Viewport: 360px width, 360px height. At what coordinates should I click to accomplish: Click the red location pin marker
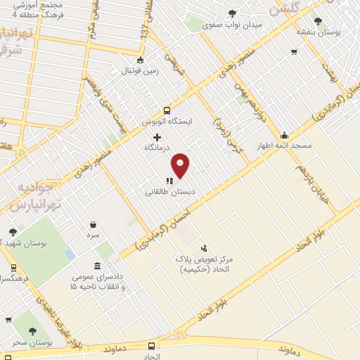click(x=181, y=165)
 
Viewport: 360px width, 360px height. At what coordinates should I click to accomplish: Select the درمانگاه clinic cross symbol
click(x=157, y=137)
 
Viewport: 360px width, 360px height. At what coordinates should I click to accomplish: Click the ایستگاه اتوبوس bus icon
click(x=167, y=110)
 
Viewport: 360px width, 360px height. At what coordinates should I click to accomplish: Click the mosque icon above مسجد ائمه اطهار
click(x=284, y=136)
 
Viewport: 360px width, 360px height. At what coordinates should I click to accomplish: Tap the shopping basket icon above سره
click(x=93, y=225)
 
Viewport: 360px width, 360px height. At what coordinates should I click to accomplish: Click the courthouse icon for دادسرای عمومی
click(x=96, y=267)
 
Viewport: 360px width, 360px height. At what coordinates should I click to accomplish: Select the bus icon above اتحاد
click(x=153, y=345)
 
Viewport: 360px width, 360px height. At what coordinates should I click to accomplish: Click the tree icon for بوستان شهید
click(x=13, y=232)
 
